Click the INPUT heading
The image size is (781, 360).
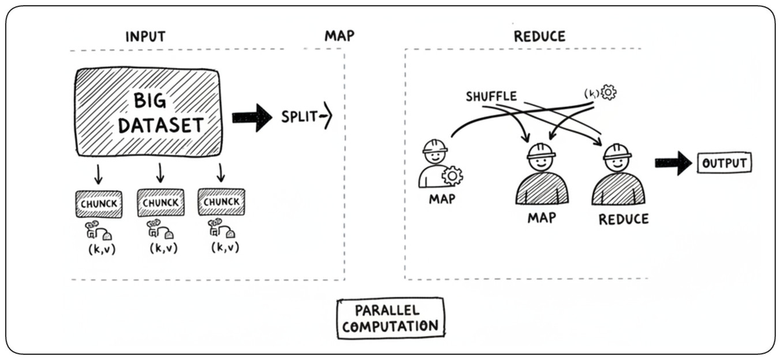click(x=145, y=37)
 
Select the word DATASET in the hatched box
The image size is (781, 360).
click(x=160, y=124)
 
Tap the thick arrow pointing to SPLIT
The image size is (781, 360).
click(x=252, y=118)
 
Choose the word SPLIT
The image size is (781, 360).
click(x=299, y=117)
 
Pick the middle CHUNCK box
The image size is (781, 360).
click(x=160, y=203)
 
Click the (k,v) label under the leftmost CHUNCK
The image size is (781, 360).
click(x=100, y=248)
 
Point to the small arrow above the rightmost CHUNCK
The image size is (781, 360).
click(x=221, y=172)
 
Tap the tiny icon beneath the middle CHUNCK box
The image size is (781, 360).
click(x=160, y=229)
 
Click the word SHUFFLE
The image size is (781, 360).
click(x=491, y=97)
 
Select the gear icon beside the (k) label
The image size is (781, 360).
click(x=608, y=92)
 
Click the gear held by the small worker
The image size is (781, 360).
click(x=452, y=176)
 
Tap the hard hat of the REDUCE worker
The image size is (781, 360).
click(x=617, y=151)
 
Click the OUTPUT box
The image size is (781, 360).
click(x=724, y=163)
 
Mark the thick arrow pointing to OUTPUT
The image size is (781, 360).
click(x=673, y=163)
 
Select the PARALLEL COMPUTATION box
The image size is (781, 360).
click(x=390, y=319)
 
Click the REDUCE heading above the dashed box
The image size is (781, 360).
click(x=540, y=37)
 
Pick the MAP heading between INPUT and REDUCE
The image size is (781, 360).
click(x=340, y=37)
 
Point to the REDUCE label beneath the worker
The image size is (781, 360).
click(x=623, y=219)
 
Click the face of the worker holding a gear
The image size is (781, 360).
click(x=435, y=156)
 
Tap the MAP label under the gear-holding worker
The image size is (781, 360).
click(x=442, y=199)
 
